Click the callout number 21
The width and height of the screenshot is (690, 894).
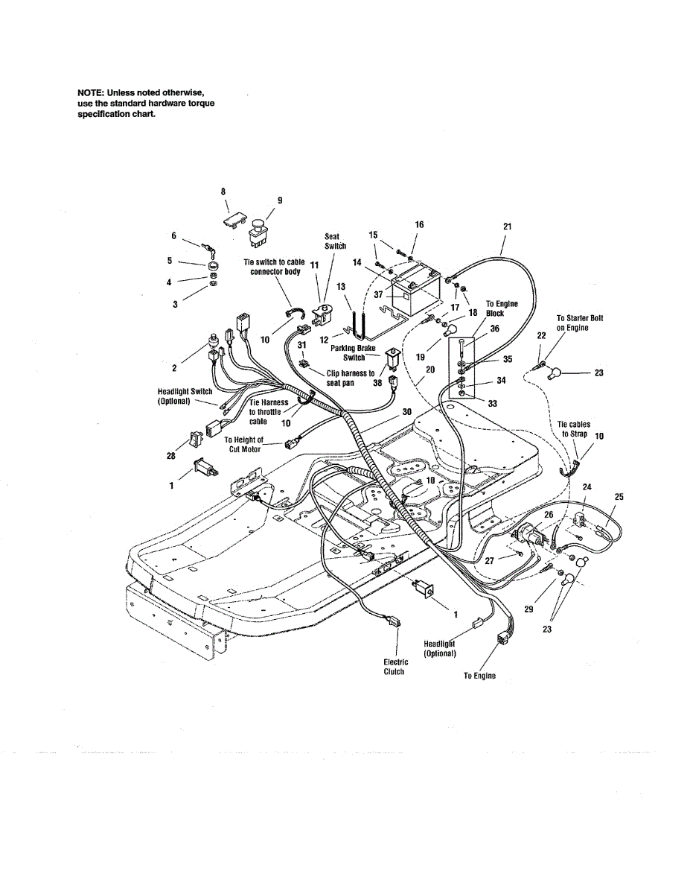click(508, 226)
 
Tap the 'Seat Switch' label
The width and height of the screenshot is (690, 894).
click(335, 241)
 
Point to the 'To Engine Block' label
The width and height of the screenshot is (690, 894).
click(502, 308)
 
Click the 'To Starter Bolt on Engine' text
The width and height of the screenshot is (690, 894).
click(580, 323)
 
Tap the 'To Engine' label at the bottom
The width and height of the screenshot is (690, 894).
click(479, 676)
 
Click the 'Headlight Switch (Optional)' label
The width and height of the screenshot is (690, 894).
click(185, 396)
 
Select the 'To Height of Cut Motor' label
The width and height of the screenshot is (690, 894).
click(244, 445)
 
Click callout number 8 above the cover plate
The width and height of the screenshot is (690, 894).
click(223, 192)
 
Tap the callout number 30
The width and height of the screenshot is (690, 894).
click(406, 411)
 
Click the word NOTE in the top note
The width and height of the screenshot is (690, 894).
click(91, 92)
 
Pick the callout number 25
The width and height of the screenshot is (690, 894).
click(619, 496)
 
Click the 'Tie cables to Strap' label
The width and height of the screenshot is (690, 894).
click(573, 429)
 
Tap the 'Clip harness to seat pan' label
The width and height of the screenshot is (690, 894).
click(351, 378)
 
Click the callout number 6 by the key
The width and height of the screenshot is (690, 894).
click(174, 235)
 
